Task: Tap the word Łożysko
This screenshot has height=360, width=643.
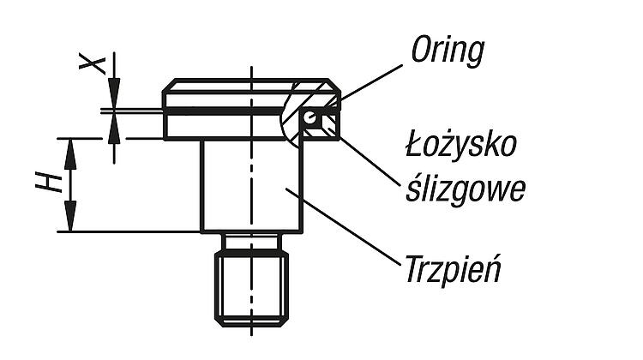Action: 461,146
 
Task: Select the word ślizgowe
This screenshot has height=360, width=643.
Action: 466,189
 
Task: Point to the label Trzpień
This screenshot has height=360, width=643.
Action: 454,268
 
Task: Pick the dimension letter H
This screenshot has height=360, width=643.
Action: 48,183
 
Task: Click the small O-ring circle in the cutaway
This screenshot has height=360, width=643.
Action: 310,117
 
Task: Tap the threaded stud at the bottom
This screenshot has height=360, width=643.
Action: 251,289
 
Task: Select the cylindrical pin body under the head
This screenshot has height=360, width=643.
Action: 251,186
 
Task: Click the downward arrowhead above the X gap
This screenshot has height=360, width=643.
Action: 114,93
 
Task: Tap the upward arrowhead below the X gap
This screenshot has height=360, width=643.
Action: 114,128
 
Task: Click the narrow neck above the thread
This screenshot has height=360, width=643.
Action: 251,242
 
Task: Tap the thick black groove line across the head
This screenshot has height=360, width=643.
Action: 224,111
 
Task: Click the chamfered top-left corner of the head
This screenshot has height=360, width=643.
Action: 169,86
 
